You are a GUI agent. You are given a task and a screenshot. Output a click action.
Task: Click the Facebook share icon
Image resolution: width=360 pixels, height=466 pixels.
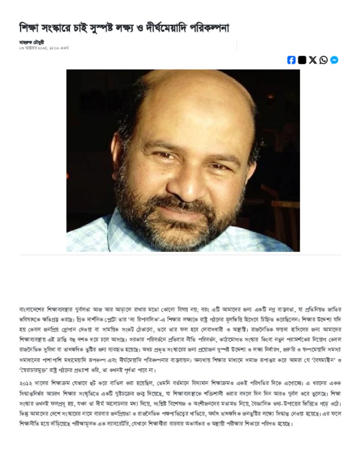click(x=291, y=60)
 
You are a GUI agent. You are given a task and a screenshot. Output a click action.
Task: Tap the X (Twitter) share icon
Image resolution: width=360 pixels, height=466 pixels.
click(x=313, y=60)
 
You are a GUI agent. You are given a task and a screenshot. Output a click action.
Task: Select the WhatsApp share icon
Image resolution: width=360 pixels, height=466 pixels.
click(x=324, y=60)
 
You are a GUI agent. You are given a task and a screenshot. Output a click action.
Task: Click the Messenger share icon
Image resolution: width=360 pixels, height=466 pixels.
click(x=334, y=60)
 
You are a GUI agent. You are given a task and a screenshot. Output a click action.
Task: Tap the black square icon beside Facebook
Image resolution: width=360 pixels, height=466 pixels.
click(x=302, y=60)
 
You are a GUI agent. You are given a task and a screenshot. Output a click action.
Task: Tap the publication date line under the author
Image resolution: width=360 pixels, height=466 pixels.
click(x=44, y=48)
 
